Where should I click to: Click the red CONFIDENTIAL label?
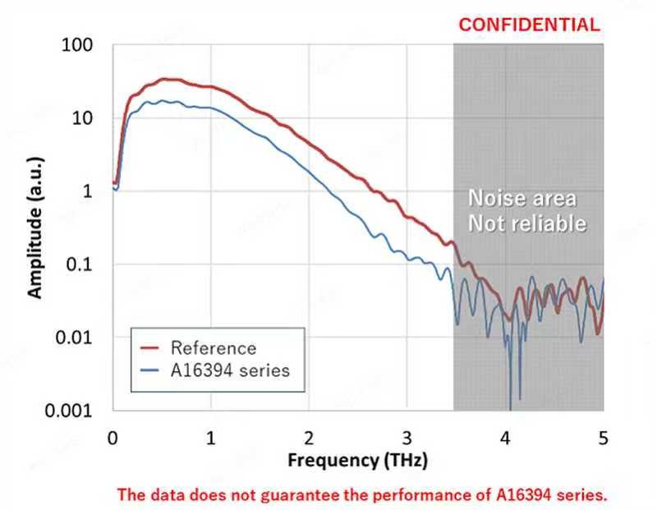click(x=529, y=25)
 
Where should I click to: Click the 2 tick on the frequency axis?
click(x=309, y=437)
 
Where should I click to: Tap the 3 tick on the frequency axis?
click(x=407, y=437)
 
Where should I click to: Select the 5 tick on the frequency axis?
click(x=603, y=437)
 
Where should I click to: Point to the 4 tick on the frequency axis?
click(x=505, y=437)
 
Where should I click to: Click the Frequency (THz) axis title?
click(x=358, y=460)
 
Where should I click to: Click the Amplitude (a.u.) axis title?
click(x=35, y=227)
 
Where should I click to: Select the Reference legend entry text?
click(x=214, y=348)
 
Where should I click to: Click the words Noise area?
click(x=522, y=199)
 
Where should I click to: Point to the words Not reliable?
click(x=527, y=223)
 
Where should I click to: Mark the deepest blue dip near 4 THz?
click(x=510, y=406)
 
